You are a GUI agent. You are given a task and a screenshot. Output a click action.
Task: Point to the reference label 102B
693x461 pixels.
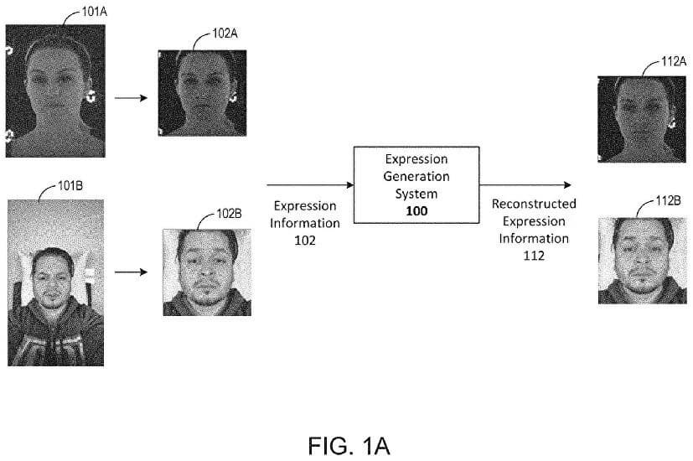click(x=229, y=214)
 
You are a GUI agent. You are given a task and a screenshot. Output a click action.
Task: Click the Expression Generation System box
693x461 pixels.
click(x=416, y=184)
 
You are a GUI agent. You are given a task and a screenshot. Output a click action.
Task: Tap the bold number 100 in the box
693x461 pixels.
click(x=416, y=211)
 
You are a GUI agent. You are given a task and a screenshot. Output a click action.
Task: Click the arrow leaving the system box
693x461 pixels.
click(x=526, y=184)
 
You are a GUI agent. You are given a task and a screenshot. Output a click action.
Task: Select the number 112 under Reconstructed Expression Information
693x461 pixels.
click(x=533, y=256)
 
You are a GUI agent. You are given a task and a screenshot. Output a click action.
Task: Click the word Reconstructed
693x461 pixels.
click(x=534, y=204)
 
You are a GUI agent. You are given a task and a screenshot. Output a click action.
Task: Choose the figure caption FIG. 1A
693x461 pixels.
click(x=346, y=444)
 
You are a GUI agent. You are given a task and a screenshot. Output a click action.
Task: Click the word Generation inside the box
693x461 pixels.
click(x=416, y=177)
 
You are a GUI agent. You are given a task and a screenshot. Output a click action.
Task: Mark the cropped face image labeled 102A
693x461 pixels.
click(x=202, y=92)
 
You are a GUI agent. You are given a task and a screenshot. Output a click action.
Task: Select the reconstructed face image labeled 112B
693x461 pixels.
click(x=637, y=260)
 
